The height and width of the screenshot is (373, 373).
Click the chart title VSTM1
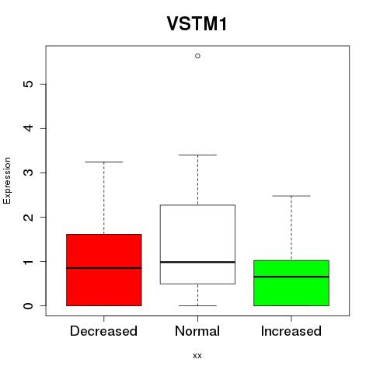[197, 23]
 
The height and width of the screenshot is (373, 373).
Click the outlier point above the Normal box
[197, 56]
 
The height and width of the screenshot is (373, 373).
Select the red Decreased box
[104, 270]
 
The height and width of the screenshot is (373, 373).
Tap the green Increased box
[291, 283]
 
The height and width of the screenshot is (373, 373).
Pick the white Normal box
[197, 245]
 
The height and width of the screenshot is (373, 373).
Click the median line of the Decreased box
[104, 268]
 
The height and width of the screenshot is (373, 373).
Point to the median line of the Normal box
[197, 262]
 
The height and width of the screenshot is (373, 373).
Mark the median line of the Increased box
[291, 277]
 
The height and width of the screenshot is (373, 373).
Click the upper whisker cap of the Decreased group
[104, 162]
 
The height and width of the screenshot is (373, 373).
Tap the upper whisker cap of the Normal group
[197, 155]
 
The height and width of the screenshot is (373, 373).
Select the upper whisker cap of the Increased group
[291, 196]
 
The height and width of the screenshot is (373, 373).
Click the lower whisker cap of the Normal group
[197, 305]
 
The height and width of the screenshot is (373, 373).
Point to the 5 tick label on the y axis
[28, 84]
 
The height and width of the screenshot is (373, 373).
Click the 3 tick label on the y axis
[28, 173]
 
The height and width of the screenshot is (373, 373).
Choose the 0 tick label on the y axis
[28, 305]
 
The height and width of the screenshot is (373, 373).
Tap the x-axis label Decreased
[103, 331]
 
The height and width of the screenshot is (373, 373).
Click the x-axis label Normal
[197, 331]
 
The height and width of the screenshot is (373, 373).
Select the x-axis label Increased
[291, 331]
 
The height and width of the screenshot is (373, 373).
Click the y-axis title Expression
[7, 180]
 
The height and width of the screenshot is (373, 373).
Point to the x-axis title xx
[197, 356]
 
